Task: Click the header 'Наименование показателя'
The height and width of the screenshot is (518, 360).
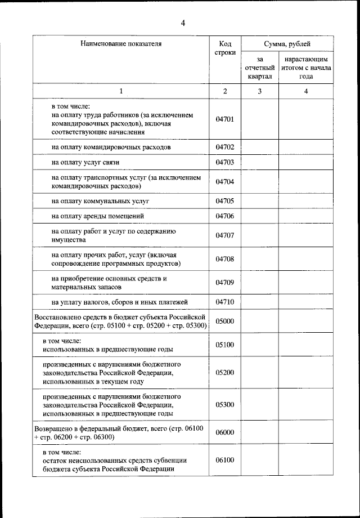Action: pyautogui.click(x=120, y=44)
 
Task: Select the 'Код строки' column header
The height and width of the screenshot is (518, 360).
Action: pyautogui.click(x=224, y=48)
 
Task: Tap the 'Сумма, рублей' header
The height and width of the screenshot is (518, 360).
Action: pyautogui.click(x=287, y=44)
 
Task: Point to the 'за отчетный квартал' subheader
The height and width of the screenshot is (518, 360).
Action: pyautogui.click(x=259, y=68)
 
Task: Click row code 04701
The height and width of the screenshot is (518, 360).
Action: pyautogui.click(x=224, y=119)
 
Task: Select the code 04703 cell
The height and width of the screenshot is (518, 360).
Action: pyautogui.click(x=224, y=162)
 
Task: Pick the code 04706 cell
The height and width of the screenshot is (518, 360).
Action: pyautogui.click(x=224, y=216)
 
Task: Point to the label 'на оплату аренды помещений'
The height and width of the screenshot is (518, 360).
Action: pyautogui.click(x=98, y=216)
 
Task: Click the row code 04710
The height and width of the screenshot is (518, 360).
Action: pyautogui.click(x=224, y=302)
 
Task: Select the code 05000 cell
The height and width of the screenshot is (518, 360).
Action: pyautogui.click(x=224, y=321)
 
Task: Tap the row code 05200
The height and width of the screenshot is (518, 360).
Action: pyautogui.click(x=224, y=373)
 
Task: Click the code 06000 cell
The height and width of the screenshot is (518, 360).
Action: pyautogui.click(x=224, y=432)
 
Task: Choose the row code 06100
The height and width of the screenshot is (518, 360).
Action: pyautogui.click(x=224, y=460)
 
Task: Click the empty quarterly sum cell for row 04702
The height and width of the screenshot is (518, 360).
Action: pyautogui.click(x=259, y=147)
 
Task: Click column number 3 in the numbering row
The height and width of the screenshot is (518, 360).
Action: pyautogui.click(x=259, y=91)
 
